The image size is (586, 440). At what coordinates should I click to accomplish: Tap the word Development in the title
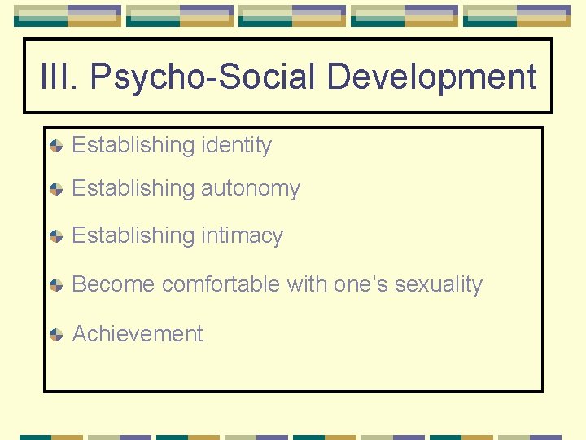click(431, 77)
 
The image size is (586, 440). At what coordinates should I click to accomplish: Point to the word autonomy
click(251, 189)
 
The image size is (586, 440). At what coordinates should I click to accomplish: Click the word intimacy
click(242, 236)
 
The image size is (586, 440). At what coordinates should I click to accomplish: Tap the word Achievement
click(138, 334)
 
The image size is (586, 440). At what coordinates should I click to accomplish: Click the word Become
click(113, 285)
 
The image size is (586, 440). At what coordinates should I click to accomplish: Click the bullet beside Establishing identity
click(55, 147)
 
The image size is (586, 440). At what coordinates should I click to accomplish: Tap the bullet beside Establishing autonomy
click(55, 190)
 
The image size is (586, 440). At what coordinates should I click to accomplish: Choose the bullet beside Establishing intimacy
click(55, 237)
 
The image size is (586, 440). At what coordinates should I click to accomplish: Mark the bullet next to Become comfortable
click(55, 286)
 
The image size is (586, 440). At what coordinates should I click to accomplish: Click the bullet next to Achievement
click(55, 335)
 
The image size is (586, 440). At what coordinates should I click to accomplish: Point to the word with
click(306, 285)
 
